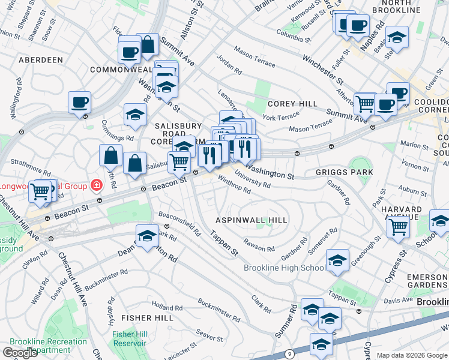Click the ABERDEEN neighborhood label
(41, 60)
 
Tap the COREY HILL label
(292, 104)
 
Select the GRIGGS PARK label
(344, 172)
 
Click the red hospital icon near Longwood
(95, 184)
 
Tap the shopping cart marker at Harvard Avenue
(399, 227)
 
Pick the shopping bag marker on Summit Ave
(147, 44)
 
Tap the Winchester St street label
(322, 71)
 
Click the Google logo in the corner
(20, 353)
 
